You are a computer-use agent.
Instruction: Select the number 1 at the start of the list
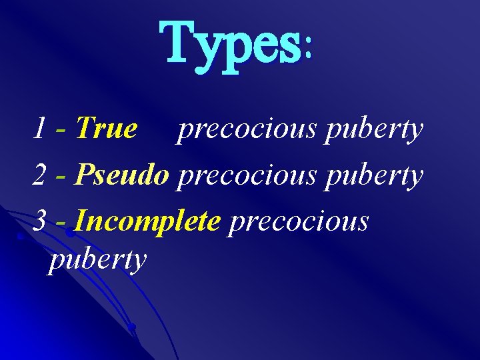39,129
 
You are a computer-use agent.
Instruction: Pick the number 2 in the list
40,175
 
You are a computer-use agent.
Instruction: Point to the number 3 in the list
40,221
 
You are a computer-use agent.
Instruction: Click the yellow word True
107,129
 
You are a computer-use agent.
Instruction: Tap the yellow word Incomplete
147,221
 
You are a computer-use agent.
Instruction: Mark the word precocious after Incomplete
298,223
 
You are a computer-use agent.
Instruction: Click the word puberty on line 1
374,130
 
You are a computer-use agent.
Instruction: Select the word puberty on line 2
374,177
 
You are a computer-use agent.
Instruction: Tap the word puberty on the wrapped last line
97,260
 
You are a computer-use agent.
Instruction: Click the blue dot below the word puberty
132,327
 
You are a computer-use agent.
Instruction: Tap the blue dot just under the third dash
69,234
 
